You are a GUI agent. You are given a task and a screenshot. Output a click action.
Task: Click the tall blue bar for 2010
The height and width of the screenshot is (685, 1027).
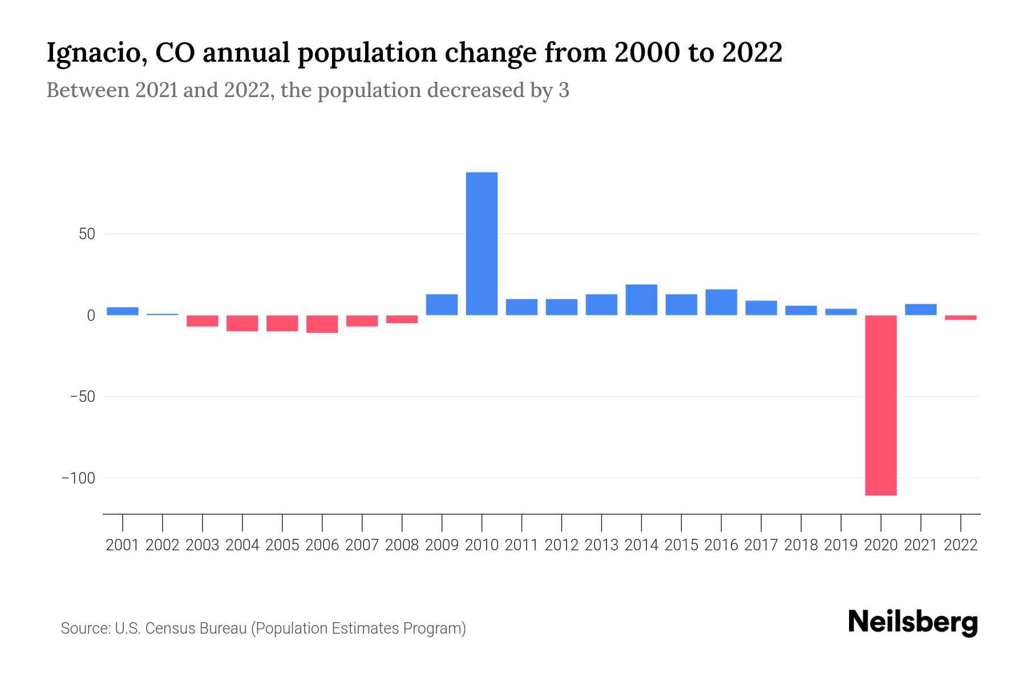click(x=482, y=244)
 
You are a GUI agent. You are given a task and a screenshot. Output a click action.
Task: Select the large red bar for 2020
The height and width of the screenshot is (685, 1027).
click(x=880, y=405)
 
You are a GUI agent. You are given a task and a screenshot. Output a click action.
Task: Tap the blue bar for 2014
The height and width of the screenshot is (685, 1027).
click(x=641, y=300)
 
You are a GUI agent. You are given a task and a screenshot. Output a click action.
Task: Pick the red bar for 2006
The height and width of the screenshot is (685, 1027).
click(x=322, y=324)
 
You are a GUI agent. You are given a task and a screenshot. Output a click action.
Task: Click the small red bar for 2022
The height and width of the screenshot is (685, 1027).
click(x=960, y=317)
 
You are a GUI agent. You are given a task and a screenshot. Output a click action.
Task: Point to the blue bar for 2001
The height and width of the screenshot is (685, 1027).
click(x=123, y=311)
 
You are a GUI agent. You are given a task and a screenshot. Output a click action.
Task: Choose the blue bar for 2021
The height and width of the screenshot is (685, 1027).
click(x=920, y=309)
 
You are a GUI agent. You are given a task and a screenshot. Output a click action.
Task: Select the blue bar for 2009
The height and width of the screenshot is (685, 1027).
click(x=442, y=304)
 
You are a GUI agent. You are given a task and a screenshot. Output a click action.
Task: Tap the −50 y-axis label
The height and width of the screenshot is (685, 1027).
click(x=82, y=397)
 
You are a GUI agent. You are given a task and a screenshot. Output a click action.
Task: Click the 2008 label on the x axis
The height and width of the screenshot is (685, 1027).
click(x=402, y=545)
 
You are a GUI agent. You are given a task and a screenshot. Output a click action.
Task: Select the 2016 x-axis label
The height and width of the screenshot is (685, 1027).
click(x=721, y=545)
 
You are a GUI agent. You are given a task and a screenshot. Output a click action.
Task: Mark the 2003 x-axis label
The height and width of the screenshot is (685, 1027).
click(x=203, y=545)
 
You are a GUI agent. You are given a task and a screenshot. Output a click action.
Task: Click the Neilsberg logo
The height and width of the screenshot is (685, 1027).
click(x=913, y=622)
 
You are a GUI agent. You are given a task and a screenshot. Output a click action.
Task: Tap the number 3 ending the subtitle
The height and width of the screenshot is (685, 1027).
click(x=564, y=90)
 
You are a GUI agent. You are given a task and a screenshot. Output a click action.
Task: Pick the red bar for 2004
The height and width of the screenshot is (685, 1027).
click(x=242, y=323)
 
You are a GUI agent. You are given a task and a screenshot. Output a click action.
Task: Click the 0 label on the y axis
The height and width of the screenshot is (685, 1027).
click(x=91, y=316)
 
